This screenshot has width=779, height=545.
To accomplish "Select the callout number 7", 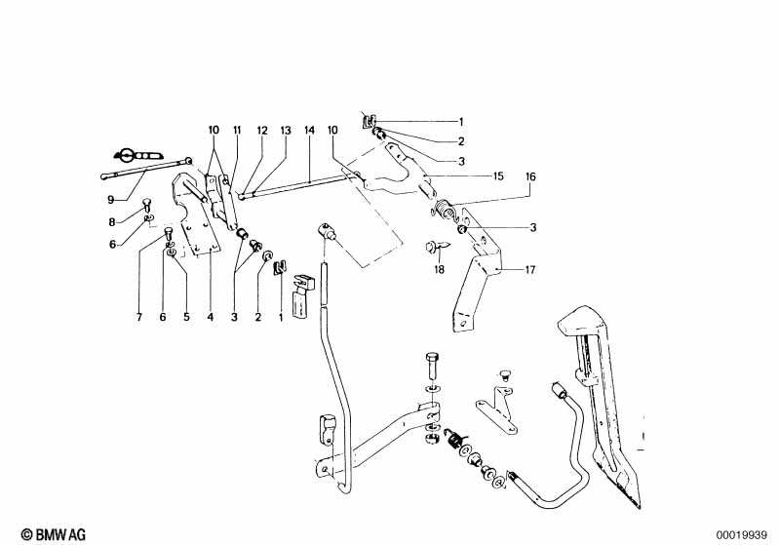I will [139, 317].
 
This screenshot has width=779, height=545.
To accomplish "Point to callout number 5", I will [186, 317].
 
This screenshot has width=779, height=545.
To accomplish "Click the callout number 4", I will [210, 317].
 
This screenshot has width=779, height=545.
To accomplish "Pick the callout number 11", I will [236, 130].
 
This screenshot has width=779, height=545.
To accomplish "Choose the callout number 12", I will [261, 130].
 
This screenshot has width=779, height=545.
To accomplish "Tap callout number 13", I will [286, 130].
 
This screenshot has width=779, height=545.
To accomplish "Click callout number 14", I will [309, 130].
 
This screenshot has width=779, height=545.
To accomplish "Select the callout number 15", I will [498, 176].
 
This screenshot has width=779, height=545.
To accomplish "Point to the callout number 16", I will [530, 176].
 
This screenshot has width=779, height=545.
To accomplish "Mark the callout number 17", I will [530, 268].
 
